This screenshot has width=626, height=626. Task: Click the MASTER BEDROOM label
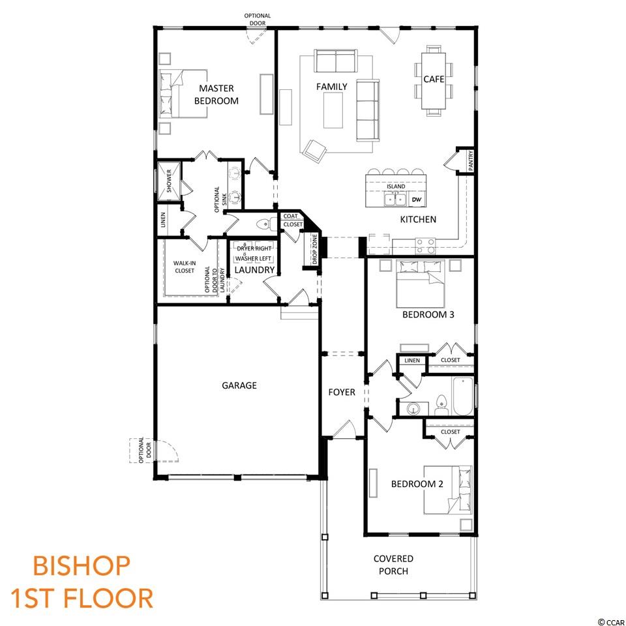click(216, 94)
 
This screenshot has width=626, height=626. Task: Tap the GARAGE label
click(239, 385)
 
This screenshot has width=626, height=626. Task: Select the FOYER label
click(342, 393)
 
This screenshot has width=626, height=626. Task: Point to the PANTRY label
click(471, 160)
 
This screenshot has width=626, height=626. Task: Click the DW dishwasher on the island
click(417, 200)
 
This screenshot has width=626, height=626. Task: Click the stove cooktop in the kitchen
click(425, 246)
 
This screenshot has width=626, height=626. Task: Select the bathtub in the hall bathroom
click(463, 396)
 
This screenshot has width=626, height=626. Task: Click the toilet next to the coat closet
click(265, 225)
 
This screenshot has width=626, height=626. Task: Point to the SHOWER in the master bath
click(169, 181)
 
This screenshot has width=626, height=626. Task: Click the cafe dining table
click(434, 81)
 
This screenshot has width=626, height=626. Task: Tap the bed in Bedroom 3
click(421, 284)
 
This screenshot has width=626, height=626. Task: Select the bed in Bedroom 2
click(448, 490)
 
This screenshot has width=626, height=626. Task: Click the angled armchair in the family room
click(314, 151)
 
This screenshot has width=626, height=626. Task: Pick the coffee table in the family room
click(333, 110)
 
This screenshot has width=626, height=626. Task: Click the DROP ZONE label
click(314, 250)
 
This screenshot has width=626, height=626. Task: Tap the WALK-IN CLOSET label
click(185, 267)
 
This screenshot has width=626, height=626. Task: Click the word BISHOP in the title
click(82, 566)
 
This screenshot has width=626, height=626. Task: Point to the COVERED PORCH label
click(393, 565)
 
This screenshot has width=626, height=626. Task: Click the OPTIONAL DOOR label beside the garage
click(145, 451)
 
